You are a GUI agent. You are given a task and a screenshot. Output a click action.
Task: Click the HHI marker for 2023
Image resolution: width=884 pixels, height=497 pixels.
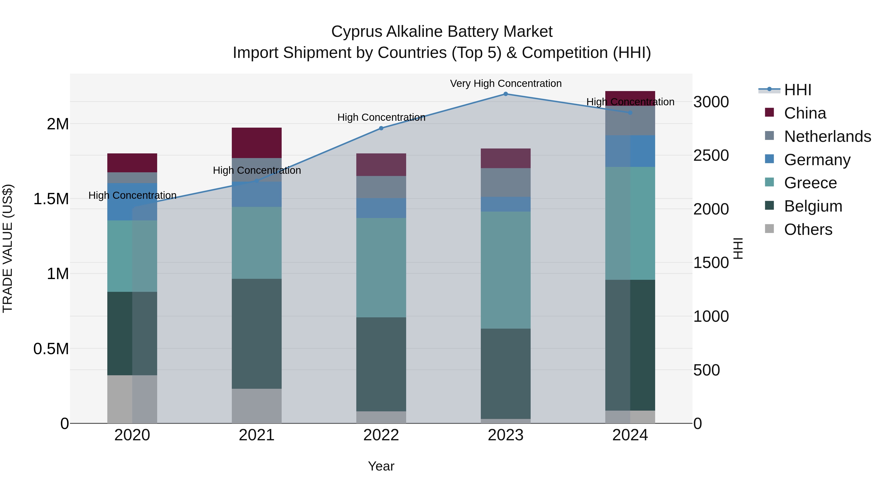[506, 94]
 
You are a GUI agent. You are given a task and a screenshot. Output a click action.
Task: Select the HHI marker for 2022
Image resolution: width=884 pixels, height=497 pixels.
[381, 128]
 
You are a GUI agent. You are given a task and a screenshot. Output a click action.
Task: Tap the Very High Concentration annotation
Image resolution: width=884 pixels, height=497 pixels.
[506, 84]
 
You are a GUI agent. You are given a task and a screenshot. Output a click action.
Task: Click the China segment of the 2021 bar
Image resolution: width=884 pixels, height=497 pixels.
[257, 143]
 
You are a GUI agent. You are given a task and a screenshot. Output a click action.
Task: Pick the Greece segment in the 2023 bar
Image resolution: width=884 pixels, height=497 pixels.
[506, 270]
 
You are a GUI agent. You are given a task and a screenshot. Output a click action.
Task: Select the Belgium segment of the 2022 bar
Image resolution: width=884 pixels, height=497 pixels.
[381, 364]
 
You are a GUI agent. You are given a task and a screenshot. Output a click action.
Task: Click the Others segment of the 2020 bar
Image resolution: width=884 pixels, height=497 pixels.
[132, 399]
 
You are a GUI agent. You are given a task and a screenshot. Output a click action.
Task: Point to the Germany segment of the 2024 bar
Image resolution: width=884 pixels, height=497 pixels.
[630, 151]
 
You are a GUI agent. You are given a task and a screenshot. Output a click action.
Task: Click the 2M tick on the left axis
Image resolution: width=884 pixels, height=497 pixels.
[58, 124]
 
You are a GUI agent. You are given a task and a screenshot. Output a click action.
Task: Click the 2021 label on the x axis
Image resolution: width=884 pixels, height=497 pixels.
[257, 435]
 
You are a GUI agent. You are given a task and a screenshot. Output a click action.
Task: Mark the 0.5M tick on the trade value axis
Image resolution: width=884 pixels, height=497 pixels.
[51, 349]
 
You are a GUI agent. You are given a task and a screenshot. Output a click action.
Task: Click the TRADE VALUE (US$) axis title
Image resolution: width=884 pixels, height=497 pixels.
[8, 248]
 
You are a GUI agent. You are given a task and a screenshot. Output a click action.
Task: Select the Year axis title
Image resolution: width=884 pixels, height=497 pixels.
[381, 466]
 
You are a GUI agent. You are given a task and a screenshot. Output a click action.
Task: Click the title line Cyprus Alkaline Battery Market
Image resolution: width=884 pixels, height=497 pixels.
[442, 32]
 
